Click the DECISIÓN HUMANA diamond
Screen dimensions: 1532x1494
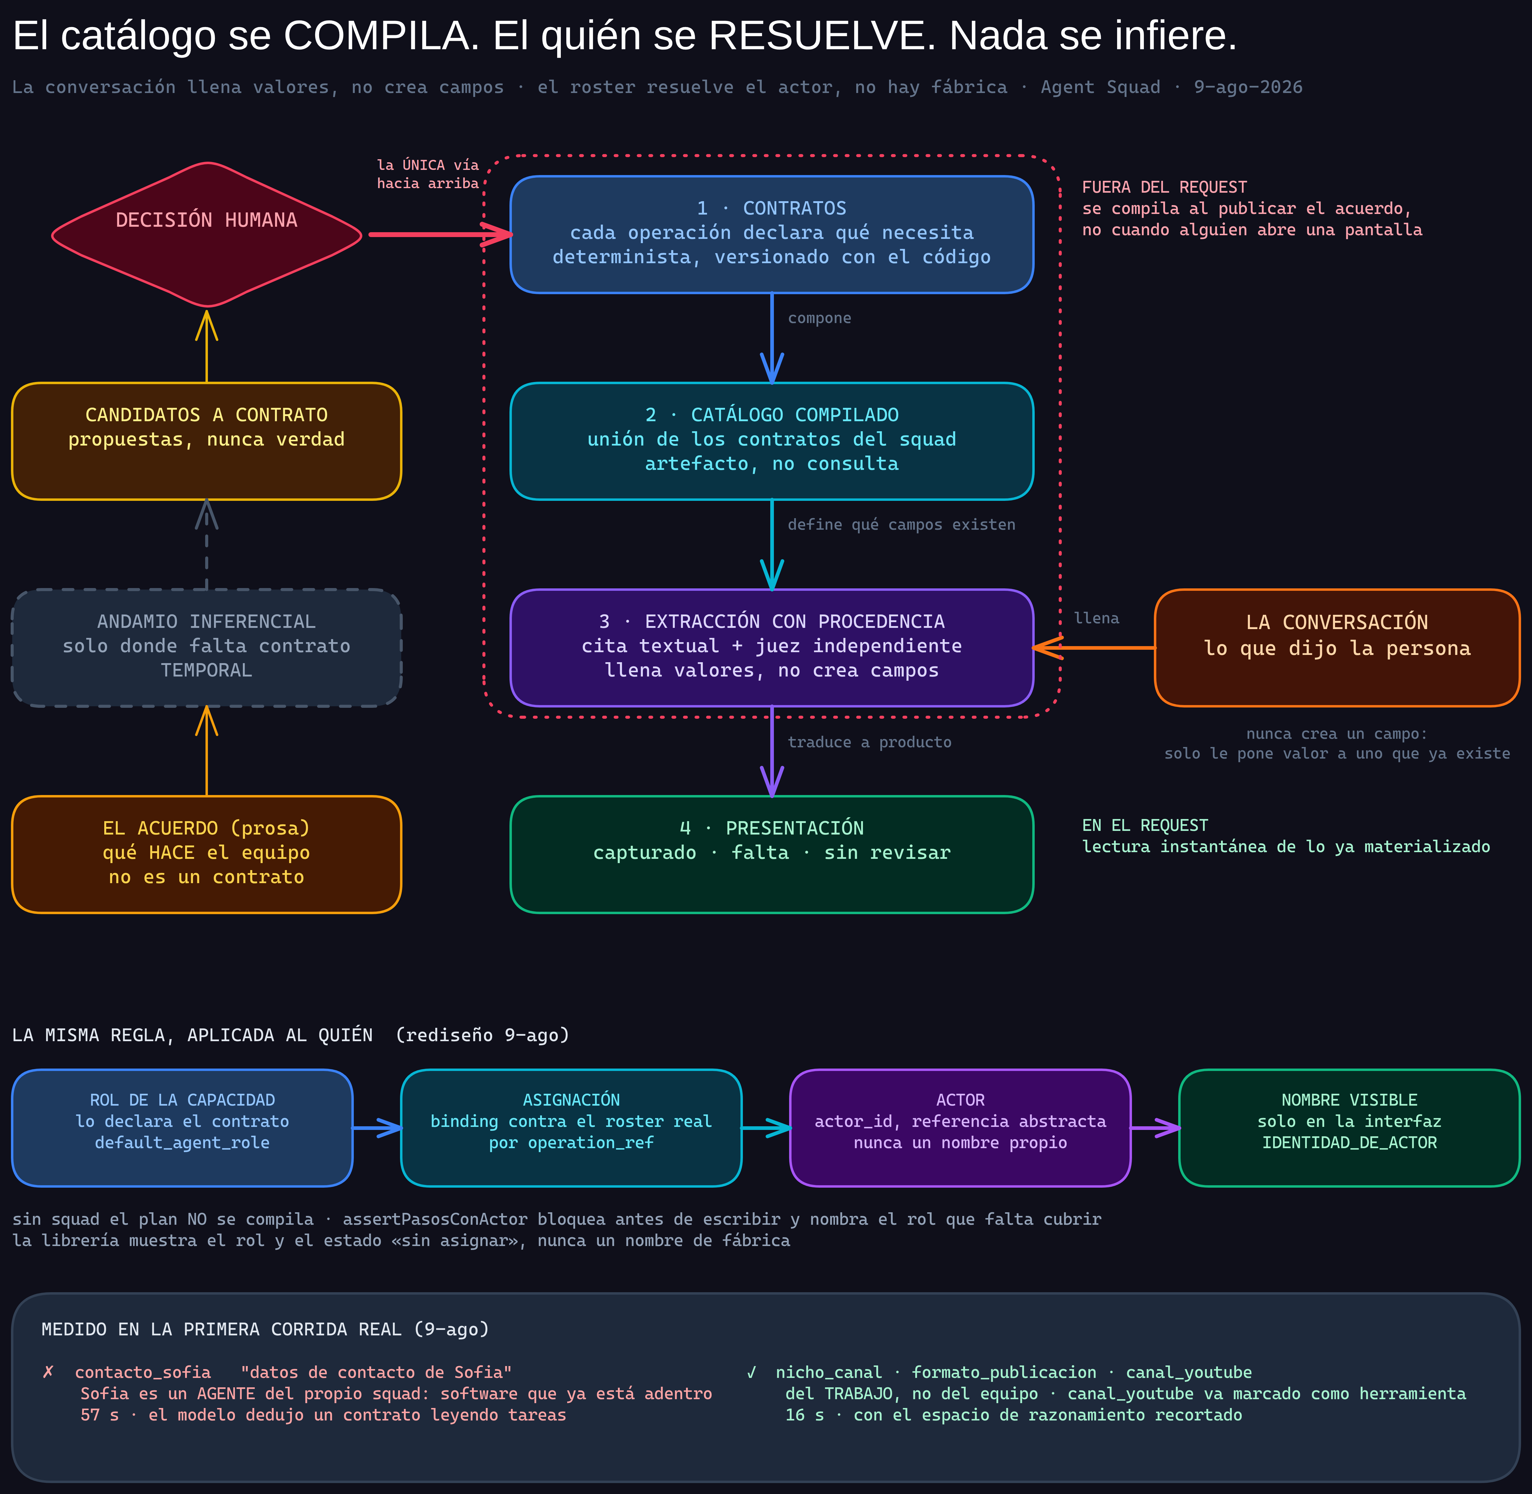pos(206,235)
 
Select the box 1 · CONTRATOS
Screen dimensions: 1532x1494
pos(771,235)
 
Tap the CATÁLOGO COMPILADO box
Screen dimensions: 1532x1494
pos(771,441)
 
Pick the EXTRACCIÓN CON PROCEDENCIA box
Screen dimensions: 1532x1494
pos(771,647)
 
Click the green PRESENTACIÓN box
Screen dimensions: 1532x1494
pos(771,855)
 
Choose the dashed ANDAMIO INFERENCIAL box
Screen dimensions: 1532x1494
pos(206,647)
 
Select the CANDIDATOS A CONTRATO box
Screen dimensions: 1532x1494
pos(206,441)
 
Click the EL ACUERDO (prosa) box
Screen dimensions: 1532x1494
pos(206,855)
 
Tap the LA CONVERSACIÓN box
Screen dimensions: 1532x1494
pos(1337,647)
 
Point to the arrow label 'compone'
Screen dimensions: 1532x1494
pos(819,318)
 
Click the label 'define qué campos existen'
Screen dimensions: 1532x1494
pos(901,524)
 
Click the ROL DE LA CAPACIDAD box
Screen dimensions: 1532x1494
pos(182,1127)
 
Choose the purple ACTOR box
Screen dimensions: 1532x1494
pos(960,1127)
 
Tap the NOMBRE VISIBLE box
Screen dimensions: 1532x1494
pos(1349,1127)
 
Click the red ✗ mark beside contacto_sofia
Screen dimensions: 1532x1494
pos(48,1372)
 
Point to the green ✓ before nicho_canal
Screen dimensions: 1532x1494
pos(751,1372)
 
